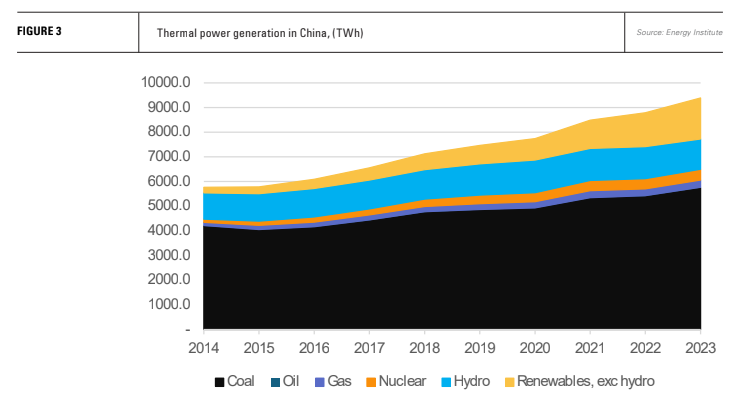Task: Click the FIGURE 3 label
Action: [x=39, y=32]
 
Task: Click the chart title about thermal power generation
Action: [x=260, y=33]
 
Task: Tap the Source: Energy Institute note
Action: [x=681, y=33]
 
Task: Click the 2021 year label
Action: [x=590, y=349]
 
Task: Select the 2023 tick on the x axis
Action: [x=701, y=349]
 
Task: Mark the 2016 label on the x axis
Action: [x=314, y=349]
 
